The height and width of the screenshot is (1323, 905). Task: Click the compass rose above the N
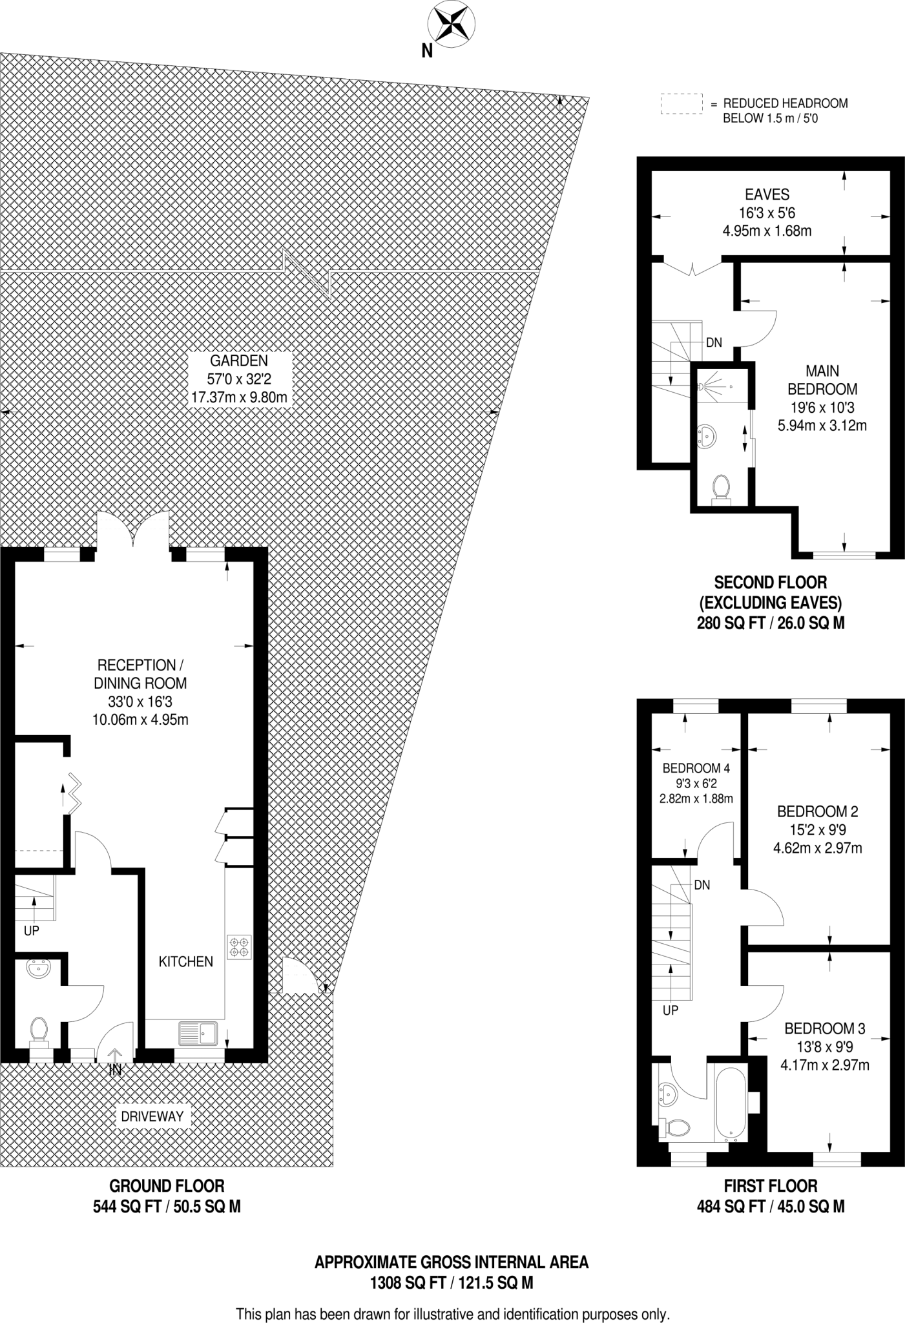(452, 23)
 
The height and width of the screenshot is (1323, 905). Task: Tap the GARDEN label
(238, 361)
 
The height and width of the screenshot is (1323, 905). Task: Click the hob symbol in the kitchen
(239, 947)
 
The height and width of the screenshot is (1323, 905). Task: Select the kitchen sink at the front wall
(198, 1033)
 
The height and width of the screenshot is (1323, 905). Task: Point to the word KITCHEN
(186, 962)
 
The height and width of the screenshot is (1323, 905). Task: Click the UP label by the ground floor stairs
(31, 931)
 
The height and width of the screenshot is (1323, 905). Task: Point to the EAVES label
(767, 194)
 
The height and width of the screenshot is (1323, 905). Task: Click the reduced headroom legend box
(681, 104)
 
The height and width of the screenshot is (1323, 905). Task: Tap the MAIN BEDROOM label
(822, 380)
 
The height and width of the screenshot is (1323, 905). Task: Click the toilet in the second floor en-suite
(720, 488)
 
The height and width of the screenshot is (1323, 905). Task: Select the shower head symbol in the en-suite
(702, 387)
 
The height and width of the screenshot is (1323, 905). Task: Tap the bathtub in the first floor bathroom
(730, 1103)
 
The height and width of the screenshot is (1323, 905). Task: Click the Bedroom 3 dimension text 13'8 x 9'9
(824, 1047)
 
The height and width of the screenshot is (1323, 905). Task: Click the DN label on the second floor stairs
(713, 343)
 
